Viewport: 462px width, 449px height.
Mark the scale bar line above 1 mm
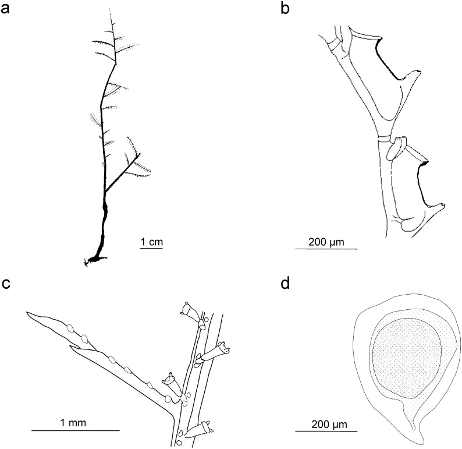tap(75, 431)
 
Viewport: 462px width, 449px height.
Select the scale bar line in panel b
tap(326, 249)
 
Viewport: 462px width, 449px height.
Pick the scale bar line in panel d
tap(326, 431)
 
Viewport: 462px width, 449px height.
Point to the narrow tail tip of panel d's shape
tap(414, 428)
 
